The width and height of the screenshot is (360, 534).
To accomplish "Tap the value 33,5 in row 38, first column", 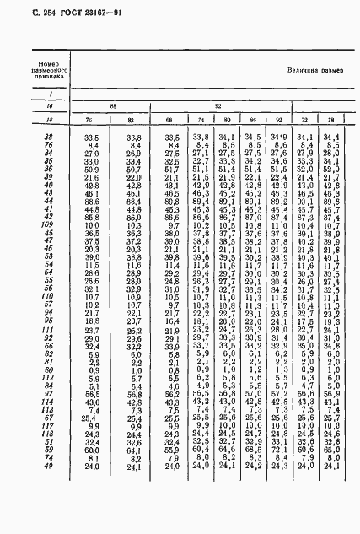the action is pyautogui.click(x=92, y=137).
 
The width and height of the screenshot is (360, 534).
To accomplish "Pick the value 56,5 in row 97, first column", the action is pyautogui.click(x=92, y=393).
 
